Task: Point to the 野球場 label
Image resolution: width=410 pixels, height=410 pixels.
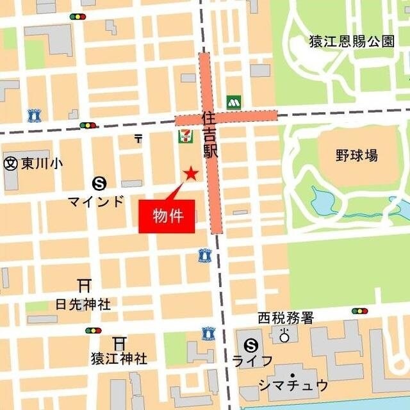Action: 356,155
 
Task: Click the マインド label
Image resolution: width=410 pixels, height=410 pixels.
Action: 96,201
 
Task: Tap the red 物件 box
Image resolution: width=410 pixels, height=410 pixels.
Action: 167,217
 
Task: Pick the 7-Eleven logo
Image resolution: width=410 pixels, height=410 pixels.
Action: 184,136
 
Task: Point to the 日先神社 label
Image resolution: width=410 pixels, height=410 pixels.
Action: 83,304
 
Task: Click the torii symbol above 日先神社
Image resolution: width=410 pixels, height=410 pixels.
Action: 83,284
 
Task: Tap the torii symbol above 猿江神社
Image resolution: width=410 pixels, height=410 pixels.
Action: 119,342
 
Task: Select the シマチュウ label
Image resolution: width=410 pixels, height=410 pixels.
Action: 293,386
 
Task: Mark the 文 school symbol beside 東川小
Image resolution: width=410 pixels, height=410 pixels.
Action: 10,164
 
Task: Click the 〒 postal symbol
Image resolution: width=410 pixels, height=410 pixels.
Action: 138,137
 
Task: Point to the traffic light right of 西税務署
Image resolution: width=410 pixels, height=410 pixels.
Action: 359,311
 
